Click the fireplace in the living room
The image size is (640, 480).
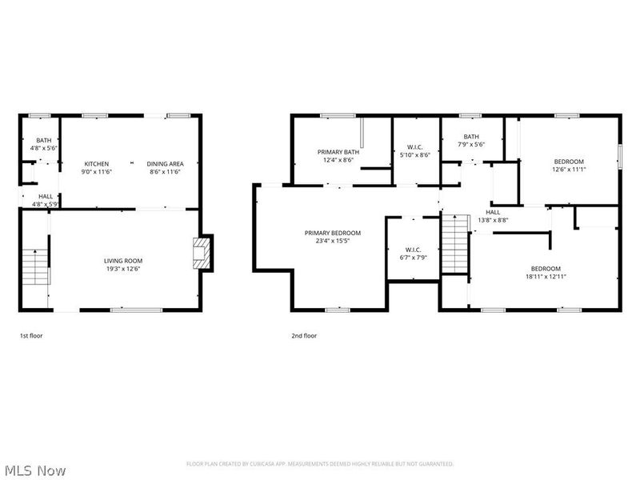tap(202, 253)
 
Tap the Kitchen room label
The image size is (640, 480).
tap(96, 168)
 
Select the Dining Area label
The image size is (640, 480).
tap(166, 168)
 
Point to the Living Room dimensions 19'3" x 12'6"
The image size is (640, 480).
tap(123, 269)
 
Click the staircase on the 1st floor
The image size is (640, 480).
tap(35, 266)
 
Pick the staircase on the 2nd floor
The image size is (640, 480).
tap(455, 243)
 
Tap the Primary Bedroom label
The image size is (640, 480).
tap(333, 237)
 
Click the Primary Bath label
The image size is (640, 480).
tap(338, 156)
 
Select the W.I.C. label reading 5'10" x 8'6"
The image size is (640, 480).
tap(414, 151)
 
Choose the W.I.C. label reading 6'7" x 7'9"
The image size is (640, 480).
tap(413, 254)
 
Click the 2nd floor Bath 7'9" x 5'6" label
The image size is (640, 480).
tap(471, 141)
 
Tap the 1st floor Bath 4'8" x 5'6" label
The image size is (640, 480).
tap(44, 145)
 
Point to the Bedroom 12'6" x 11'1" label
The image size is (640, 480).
tap(569, 166)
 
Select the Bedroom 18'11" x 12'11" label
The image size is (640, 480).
tap(546, 273)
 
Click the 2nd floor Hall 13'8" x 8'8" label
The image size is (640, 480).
tap(493, 216)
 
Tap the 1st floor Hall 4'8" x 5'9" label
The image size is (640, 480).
tap(46, 201)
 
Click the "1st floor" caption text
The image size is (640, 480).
tap(31, 336)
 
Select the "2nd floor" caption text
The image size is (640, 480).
tap(304, 336)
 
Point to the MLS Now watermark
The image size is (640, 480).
tap(33, 470)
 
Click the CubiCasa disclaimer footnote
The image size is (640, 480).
tap(320, 464)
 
